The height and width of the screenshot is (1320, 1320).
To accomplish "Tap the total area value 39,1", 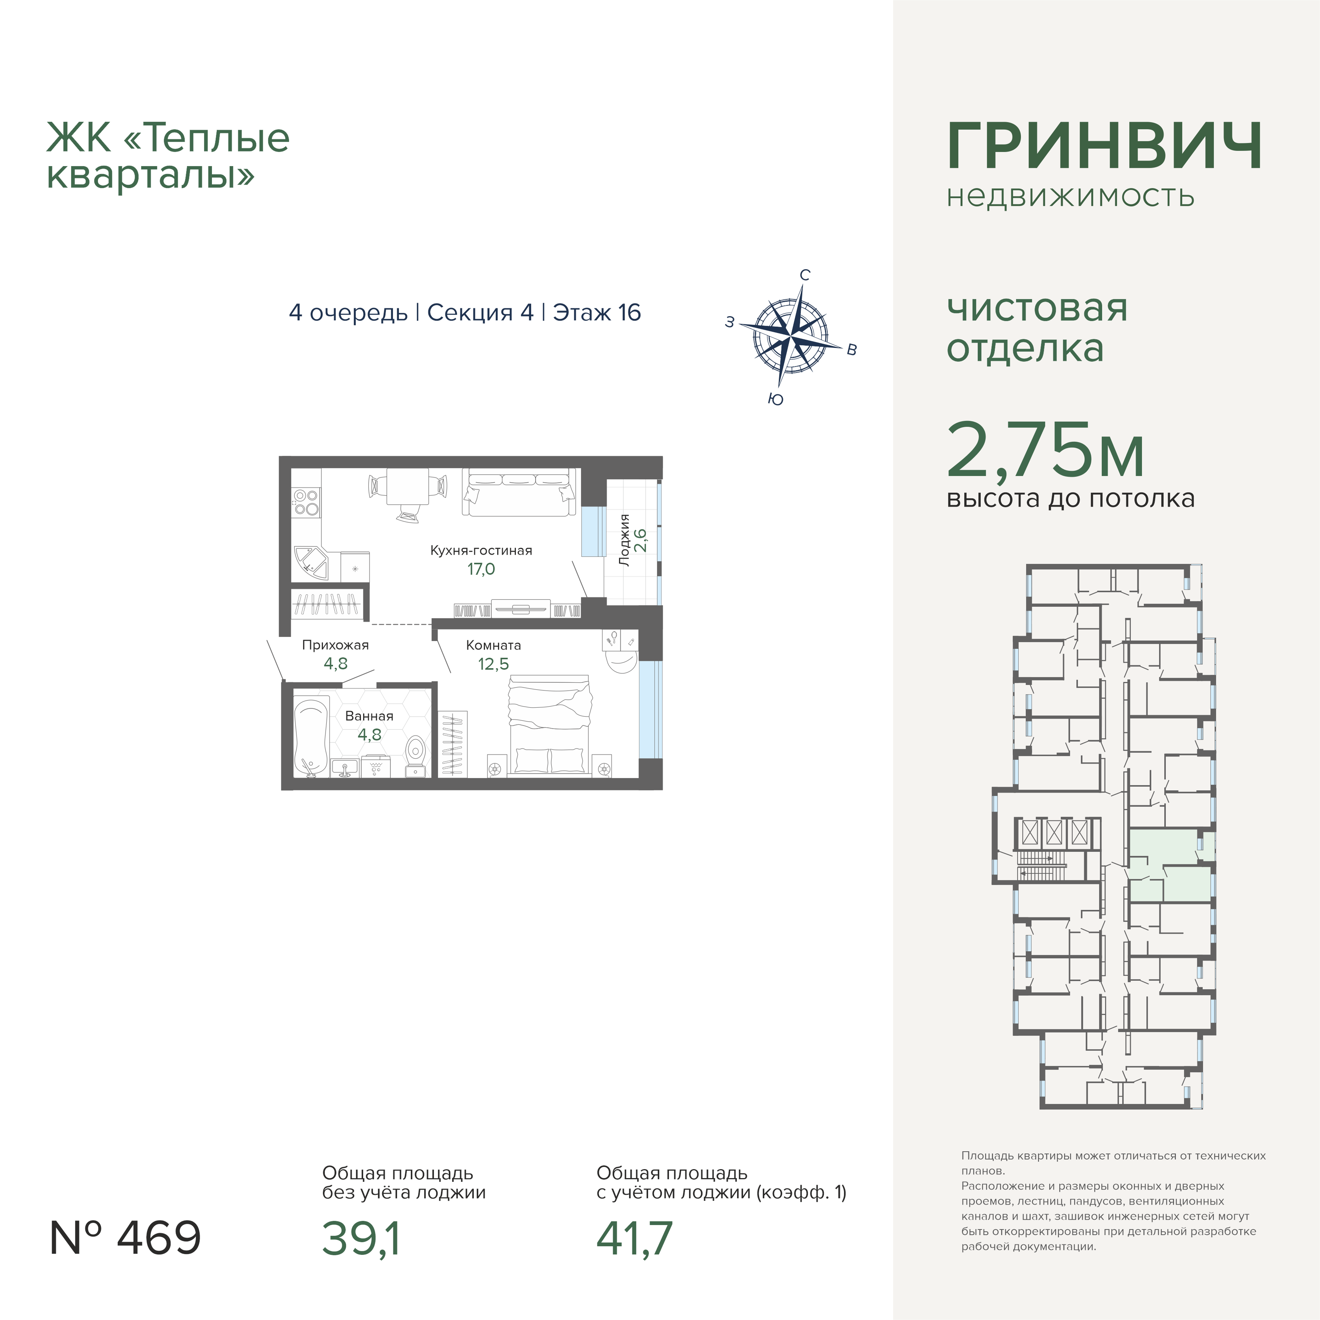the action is pyautogui.click(x=361, y=1238).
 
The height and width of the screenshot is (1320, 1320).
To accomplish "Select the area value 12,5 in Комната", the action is pyautogui.click(x=493, y=663).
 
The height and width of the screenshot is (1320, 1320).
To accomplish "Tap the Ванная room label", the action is pyautogui.click(x=369, y=716).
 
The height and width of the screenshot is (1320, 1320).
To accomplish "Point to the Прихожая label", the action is pyautogui.click(x=336, y=645).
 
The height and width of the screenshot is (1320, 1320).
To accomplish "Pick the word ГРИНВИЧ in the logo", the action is pyautogui.click(x=1104, y=146).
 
